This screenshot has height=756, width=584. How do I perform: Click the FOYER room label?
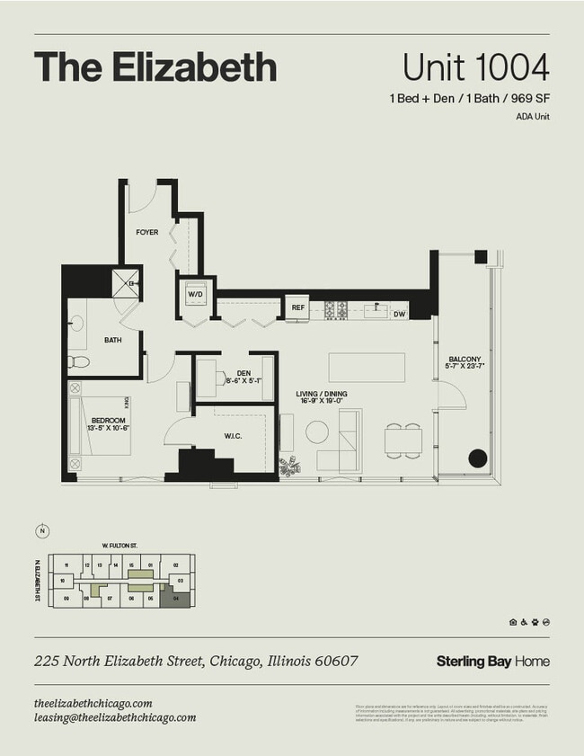point(147,233)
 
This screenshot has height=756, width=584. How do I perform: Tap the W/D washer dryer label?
point(195,295)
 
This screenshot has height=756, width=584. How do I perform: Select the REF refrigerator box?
point(298,308)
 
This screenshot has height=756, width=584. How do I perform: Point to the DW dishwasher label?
point(400,314)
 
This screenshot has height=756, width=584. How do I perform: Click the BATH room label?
point(113,340)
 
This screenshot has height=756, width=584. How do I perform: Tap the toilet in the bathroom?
point(79,362)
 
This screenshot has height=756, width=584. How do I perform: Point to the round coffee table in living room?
point(317,432)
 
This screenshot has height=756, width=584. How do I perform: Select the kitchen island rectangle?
point(366,368)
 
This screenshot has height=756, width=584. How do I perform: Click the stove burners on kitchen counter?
point(335,309)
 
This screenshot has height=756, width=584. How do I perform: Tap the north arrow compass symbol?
point(42,531)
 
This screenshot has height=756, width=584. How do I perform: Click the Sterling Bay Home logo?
point(492,661)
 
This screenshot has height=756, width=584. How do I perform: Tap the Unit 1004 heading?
point(475,67)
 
